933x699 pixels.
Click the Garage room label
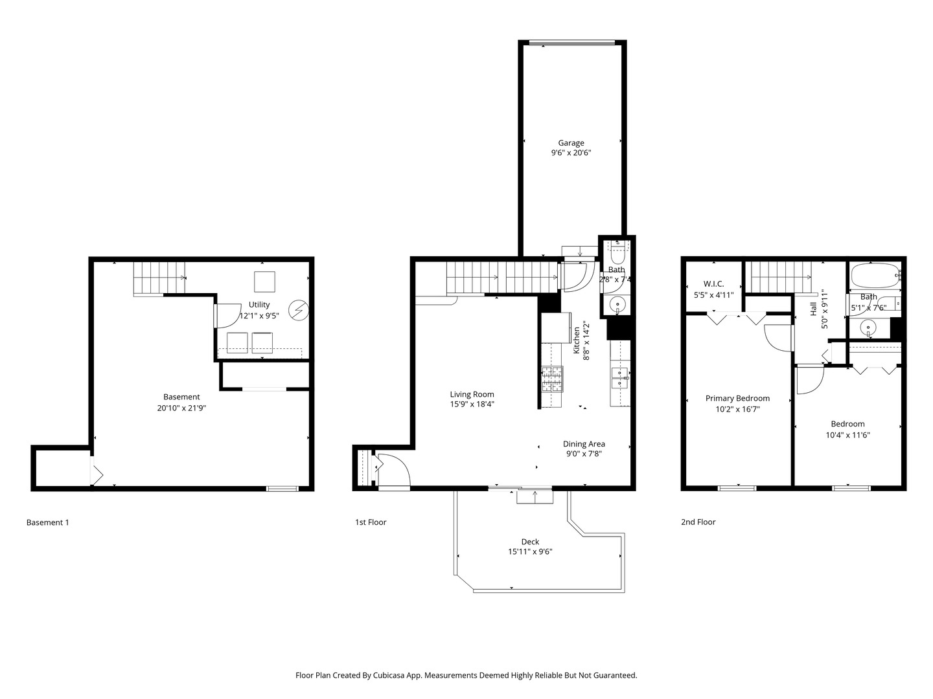tap(571, 143)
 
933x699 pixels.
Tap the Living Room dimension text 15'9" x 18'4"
tap(472, 405)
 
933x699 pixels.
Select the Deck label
tap(530, 542)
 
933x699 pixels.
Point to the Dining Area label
tap(584, 443)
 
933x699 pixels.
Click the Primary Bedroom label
tap(737, 398)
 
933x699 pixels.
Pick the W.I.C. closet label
tap(713, 284)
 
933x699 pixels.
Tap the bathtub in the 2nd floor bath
tap(875, 276)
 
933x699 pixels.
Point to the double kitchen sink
tap(620, 377)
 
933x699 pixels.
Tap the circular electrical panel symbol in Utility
tap(299, 311)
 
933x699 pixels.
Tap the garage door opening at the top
tap(571, 44)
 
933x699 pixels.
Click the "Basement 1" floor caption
tap(47, 522)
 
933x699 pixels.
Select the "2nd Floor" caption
tap(698, 522)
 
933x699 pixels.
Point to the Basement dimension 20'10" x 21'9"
tap(181, 408)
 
